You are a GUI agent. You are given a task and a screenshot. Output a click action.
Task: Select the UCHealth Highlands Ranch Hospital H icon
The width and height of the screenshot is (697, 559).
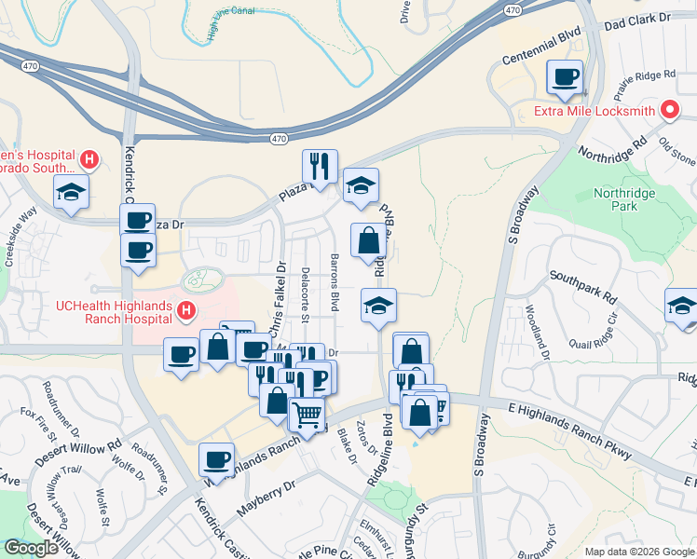186,309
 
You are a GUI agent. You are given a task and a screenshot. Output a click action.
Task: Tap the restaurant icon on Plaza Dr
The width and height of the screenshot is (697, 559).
320,167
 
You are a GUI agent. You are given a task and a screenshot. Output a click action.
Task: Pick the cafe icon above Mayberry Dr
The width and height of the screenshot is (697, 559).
217,459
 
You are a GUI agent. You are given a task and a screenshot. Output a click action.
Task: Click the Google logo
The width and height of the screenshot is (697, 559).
31,548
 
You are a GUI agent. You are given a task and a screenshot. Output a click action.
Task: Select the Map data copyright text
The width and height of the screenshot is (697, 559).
638,551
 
